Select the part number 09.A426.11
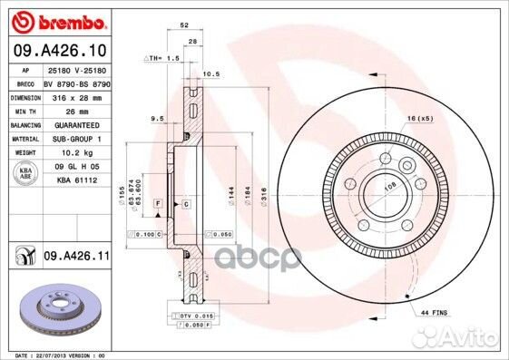click(75, 258)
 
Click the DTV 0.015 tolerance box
click(194, 314)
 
